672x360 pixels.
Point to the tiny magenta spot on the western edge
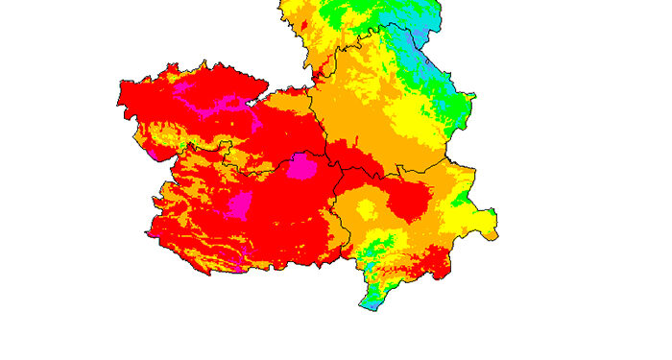click(x=153, y=153)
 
